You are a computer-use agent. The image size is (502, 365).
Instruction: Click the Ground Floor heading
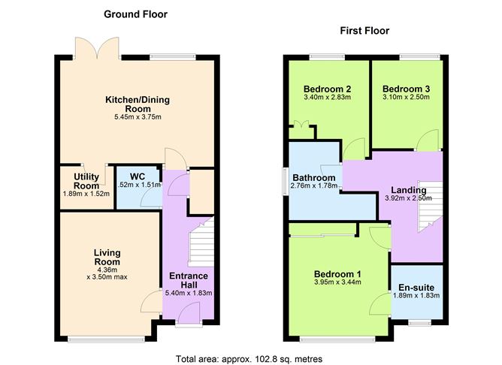point(135,14)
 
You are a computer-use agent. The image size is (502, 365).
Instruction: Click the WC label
point(137,177)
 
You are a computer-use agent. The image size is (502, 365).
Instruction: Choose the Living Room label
point(107,257)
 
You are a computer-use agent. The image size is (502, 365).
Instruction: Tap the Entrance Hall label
point(189,281)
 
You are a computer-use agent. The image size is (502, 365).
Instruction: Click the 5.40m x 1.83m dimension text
point(189,293)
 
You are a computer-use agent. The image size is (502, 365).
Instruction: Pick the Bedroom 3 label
point(407,89)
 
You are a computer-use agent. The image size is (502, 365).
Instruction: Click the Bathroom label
point(313,178)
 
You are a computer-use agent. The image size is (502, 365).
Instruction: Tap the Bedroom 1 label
point(337,273)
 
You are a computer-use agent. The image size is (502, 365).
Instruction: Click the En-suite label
point(416,287)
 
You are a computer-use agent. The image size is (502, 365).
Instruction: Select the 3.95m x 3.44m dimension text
point(337,283)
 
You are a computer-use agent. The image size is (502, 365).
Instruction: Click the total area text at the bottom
point(249,359)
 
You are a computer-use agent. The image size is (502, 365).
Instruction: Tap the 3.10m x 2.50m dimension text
point(407,98)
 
